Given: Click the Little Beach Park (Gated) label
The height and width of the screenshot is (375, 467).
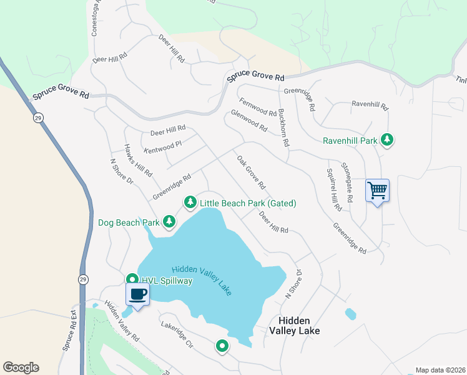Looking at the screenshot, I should (248, 203).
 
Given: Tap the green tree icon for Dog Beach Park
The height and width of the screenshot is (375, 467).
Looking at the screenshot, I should (169, 221).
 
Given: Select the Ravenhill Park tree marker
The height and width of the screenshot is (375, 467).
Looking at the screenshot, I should (388, 140).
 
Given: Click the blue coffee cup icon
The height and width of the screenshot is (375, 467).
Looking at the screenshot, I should (137, 294).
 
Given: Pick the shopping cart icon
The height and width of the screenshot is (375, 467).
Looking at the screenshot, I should (377, 190).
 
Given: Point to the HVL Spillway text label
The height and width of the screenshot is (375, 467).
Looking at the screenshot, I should (166, 281).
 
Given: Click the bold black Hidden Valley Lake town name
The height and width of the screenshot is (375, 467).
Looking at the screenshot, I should (295, 325).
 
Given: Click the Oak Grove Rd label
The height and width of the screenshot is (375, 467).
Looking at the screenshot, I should (251, 172).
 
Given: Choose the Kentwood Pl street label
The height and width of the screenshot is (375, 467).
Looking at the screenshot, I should (162, 147).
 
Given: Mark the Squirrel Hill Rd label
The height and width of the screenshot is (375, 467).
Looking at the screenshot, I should (334, 189).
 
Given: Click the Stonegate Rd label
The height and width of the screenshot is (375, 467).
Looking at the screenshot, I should (348, 182).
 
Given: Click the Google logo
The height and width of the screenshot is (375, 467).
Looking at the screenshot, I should (21, 367).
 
